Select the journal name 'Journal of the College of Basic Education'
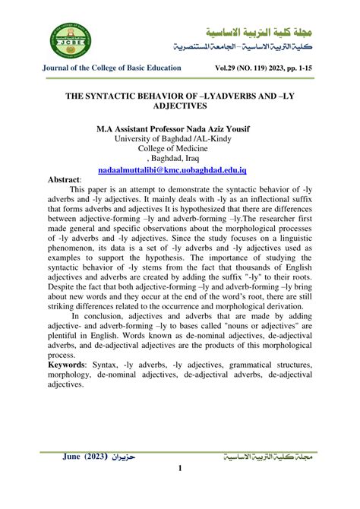[x=111, y=68]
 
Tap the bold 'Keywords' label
[x=68, y=365]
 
